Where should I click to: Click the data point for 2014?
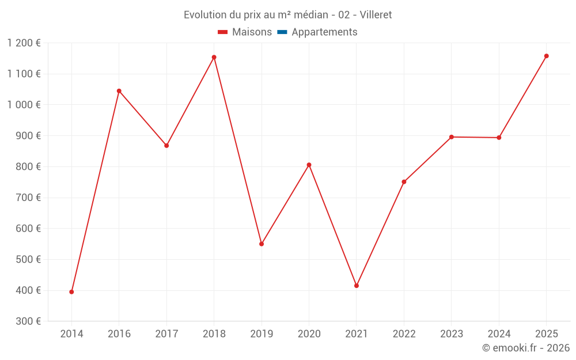tap(71, 292)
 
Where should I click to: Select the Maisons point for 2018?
tap(214, 57)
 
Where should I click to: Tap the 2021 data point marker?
tap(357, 286)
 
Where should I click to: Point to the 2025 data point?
tap(547, 56)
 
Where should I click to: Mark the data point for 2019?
tap(262, 244)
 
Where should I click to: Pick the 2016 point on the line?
tap(119, 91)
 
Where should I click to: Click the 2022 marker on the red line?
tap(404, 182)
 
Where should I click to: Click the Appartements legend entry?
tap(324, 32)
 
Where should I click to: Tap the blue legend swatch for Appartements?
tap(282, 32)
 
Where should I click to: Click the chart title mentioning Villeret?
tap(287, 15)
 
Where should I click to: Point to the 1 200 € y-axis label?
tap(24, 43)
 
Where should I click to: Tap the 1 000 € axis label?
tap(24, 105)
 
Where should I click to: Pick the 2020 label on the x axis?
tap(309, 334)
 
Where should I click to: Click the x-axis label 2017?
tap(166, 334)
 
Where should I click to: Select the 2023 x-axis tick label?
tap(451, 334)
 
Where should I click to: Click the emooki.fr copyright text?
tap(525, 348)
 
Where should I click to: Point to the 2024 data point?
tap(499, 138)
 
